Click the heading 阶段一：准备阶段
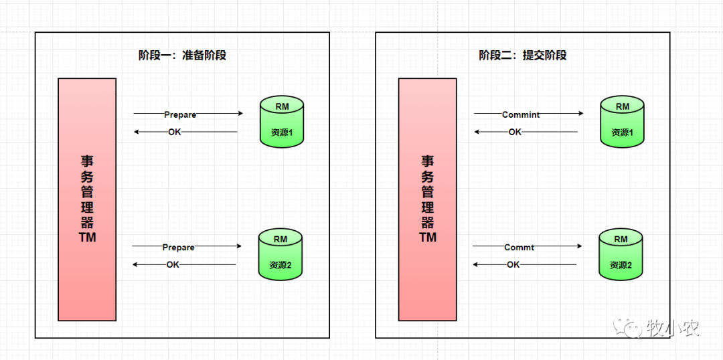tap(182, 56)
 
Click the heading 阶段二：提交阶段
tap(522, 56)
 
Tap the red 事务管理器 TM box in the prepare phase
tap(87, 199)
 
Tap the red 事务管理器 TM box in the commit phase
tap(427, 199)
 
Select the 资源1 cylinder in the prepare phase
tap(282, 122)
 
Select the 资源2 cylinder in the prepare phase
tap(280, 254)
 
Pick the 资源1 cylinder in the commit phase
tap(622, 122)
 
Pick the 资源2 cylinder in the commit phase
tap(621, 254)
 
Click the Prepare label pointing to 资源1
tap(180, 114)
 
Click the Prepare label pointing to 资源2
tap(178, 248)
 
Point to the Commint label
tap(521, 114)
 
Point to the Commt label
tap(519, 248)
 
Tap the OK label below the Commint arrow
tap(515, 132)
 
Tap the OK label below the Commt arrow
tap(513, 265)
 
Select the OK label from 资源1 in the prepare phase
tap(174, 132)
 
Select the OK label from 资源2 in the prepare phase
tap(173, 265)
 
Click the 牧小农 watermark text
tap(673, 329)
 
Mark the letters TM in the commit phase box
tap(427, 238)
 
